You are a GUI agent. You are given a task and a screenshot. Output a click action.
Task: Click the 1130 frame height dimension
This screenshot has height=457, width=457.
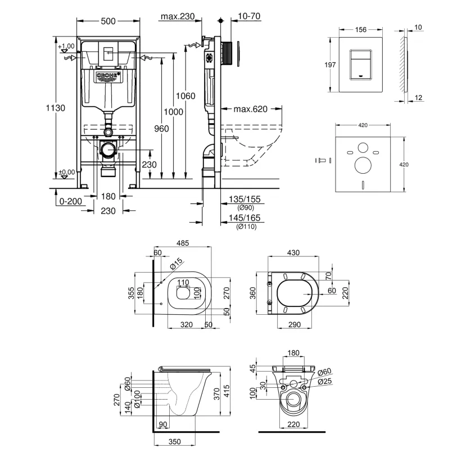(56, 108)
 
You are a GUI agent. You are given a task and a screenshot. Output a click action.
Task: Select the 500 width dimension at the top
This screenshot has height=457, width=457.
(108, 21)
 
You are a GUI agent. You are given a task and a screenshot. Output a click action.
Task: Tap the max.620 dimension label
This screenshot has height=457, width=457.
(251, 109)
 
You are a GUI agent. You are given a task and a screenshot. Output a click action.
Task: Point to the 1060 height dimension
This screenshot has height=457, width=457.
(185, 96)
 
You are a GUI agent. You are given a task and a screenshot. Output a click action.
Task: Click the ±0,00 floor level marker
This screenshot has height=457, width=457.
(67, 172)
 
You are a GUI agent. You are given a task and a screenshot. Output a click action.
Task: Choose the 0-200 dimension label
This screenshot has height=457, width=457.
(70, 201)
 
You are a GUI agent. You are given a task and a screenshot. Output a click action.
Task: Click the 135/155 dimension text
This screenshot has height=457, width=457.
(245, 199)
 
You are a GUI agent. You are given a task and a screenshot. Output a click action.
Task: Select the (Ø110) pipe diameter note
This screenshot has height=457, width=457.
(246, 227)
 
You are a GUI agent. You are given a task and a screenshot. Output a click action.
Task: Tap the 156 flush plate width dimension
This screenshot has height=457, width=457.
(361, 29)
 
